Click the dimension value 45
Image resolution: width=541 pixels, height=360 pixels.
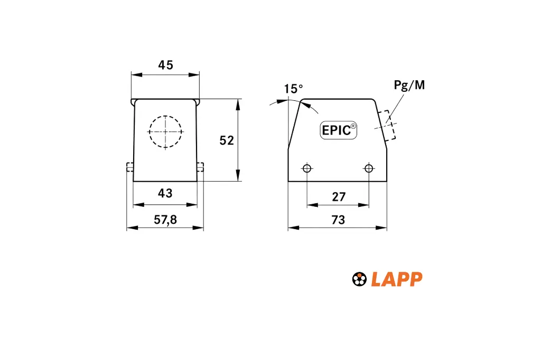point(165,65)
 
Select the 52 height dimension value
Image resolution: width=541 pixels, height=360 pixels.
point(227,140)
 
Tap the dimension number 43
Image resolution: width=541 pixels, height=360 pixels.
point(165,193)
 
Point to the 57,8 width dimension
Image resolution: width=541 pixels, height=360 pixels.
point(165,220)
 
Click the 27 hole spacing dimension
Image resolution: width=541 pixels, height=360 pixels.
point(339,197)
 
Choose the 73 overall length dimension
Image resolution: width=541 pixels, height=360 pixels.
point(338,220)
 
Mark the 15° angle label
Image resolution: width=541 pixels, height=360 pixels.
point(293,89)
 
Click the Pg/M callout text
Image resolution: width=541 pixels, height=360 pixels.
point(409,85)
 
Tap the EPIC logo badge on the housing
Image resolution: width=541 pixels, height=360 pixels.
point(339,130)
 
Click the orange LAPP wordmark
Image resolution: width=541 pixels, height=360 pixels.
point(397,279)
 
